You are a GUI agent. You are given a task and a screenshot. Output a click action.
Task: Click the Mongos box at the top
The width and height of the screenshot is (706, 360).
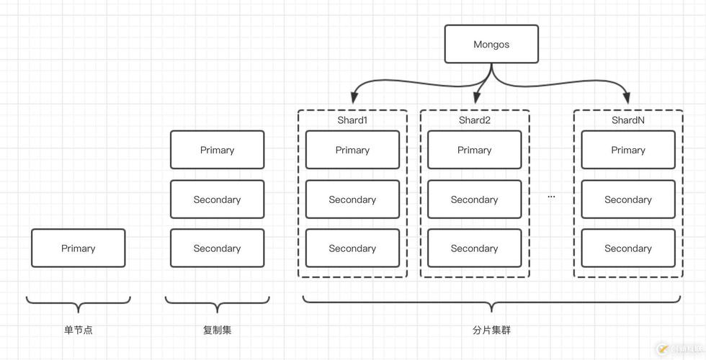491,44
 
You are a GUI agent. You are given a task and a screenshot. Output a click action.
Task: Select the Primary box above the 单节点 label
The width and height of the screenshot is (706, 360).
78,248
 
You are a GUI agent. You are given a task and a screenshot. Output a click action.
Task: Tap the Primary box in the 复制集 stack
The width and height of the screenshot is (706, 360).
217,150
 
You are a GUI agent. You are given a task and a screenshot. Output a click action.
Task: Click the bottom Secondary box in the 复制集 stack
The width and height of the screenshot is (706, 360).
217,248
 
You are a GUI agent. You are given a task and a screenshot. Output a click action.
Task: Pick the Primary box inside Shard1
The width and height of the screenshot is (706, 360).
352,150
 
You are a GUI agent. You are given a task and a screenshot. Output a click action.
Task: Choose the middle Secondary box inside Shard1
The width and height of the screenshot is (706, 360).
352,199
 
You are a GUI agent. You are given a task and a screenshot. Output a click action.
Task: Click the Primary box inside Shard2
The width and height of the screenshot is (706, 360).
474,150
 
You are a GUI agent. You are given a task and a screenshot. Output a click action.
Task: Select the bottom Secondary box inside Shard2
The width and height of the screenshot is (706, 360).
474,248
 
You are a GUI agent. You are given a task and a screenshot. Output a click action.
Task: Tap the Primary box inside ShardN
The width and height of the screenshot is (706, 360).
627,150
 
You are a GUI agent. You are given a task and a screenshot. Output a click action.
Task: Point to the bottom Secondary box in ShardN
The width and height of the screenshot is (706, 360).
627,248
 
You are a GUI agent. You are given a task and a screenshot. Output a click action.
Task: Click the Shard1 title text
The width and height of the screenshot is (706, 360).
352,120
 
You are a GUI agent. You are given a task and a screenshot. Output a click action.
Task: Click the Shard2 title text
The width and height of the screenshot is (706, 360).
474,120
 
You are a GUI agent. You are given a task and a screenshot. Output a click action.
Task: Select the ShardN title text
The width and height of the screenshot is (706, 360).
627,120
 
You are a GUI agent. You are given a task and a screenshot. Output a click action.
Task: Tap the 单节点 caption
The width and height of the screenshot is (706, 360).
78,330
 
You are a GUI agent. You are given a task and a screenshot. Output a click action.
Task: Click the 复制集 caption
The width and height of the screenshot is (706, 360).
217,330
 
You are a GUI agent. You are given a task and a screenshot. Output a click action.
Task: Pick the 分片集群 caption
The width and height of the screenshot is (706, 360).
491,330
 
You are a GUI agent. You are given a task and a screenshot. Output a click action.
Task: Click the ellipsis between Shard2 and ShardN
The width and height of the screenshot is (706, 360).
551,197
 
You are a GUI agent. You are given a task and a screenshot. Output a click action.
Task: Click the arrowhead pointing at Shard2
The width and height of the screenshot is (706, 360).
478,98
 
